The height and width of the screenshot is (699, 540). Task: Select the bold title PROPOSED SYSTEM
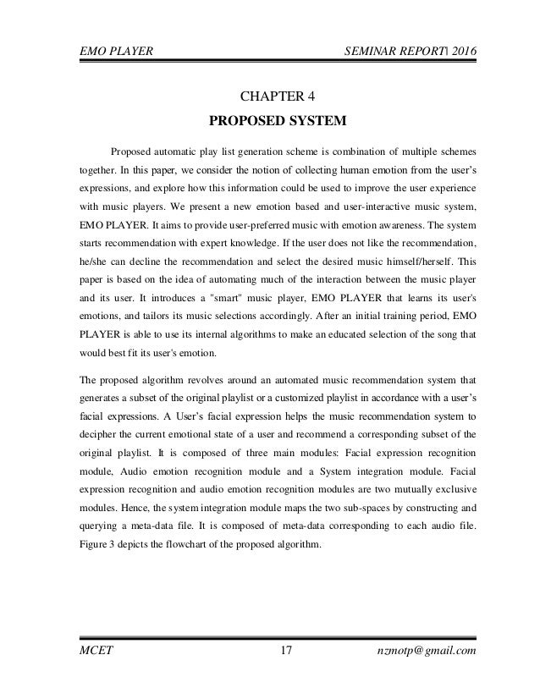tap(270, 120)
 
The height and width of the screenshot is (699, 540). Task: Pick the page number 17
tap(285, 650)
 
